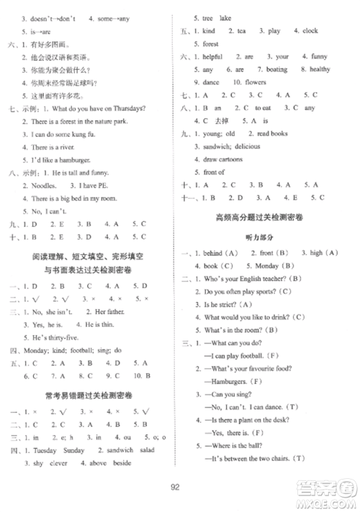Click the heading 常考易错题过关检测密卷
pyautogui.click(x=86, y=395)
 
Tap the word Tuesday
pyautogui.click(x=42, y=452)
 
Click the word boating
pyautogui.click(x=277, y=70)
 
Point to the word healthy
pyautogui.click(x=320, y=70)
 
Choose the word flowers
pyautogui.click(x=255, y=82)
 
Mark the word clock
pyautogui.click(x=310, y=31)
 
